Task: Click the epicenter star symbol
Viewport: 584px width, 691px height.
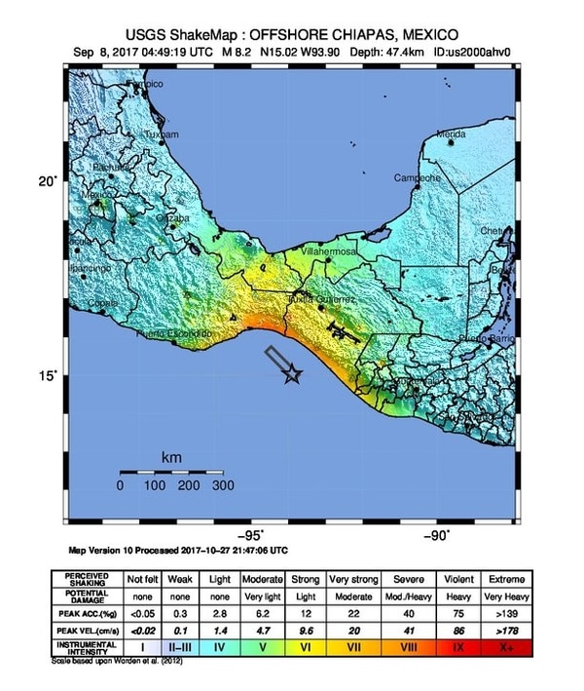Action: [292, 374]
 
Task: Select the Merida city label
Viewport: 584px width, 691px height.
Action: [451, 134]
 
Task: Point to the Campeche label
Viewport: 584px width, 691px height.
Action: [418, 178]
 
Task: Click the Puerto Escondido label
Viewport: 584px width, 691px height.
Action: [174, 334]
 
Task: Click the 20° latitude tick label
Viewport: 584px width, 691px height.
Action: [48, 180]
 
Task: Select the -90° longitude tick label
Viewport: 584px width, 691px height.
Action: [437, 534]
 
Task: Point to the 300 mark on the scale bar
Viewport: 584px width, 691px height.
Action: [224, 484]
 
